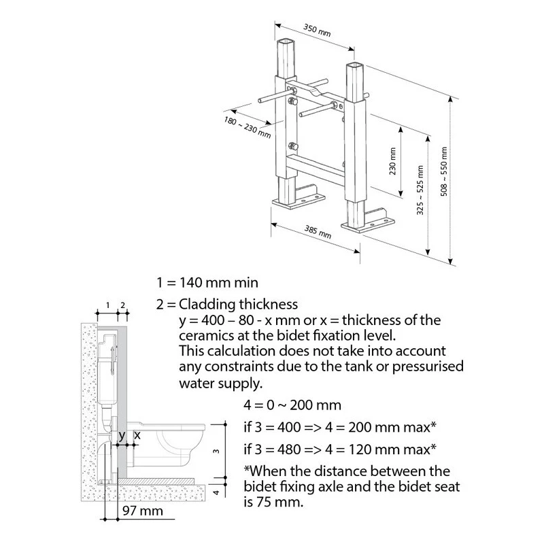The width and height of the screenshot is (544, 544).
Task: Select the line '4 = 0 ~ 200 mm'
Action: click(x=292, y=406)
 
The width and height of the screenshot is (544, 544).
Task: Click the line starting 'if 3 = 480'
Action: click(x=339, y=449)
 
